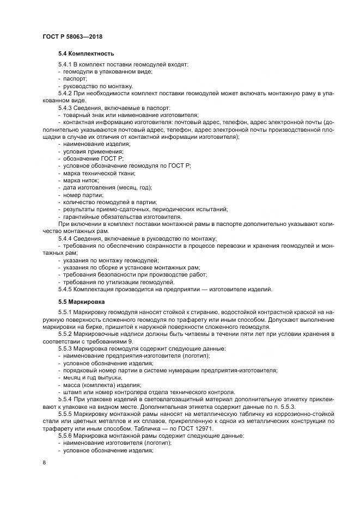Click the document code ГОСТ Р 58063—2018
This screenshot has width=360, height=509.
[72, 36]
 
